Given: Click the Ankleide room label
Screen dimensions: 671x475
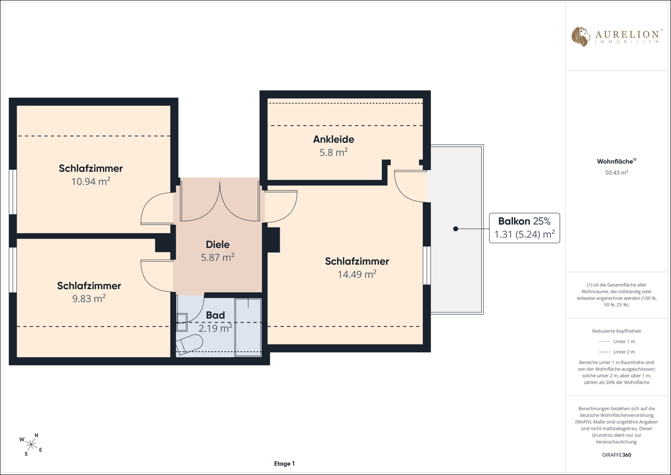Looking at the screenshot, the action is click(333, 139).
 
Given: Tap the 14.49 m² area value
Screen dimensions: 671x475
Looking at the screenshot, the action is click(357, 274).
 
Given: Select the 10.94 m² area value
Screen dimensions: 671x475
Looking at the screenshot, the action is click(91, 181).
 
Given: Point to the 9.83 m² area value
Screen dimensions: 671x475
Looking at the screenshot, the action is click(89, 298).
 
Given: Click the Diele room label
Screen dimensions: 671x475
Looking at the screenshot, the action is click(218, 244).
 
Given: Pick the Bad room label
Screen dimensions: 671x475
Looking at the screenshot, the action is click(215, 315).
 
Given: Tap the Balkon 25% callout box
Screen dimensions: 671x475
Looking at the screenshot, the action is click(524, 228).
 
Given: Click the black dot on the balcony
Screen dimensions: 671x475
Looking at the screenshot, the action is click(456, 229).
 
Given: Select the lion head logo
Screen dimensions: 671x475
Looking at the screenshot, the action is click(580, 37).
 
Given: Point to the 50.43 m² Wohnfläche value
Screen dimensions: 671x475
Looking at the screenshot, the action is click(616, 172).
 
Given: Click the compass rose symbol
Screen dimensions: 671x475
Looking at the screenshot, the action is click(31, 445).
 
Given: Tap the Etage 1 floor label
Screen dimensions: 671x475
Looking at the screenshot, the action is click(284, 464).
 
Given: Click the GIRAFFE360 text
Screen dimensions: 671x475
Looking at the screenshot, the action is click(616, 454).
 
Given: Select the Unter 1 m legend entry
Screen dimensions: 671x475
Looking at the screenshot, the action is click(616, 341).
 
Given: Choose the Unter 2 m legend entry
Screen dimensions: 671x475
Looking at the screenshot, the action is click(616, 352).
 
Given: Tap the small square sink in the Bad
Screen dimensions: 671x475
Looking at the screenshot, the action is click(182, 322).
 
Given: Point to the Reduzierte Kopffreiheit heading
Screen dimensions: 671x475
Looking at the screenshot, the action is click(616, 331).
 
